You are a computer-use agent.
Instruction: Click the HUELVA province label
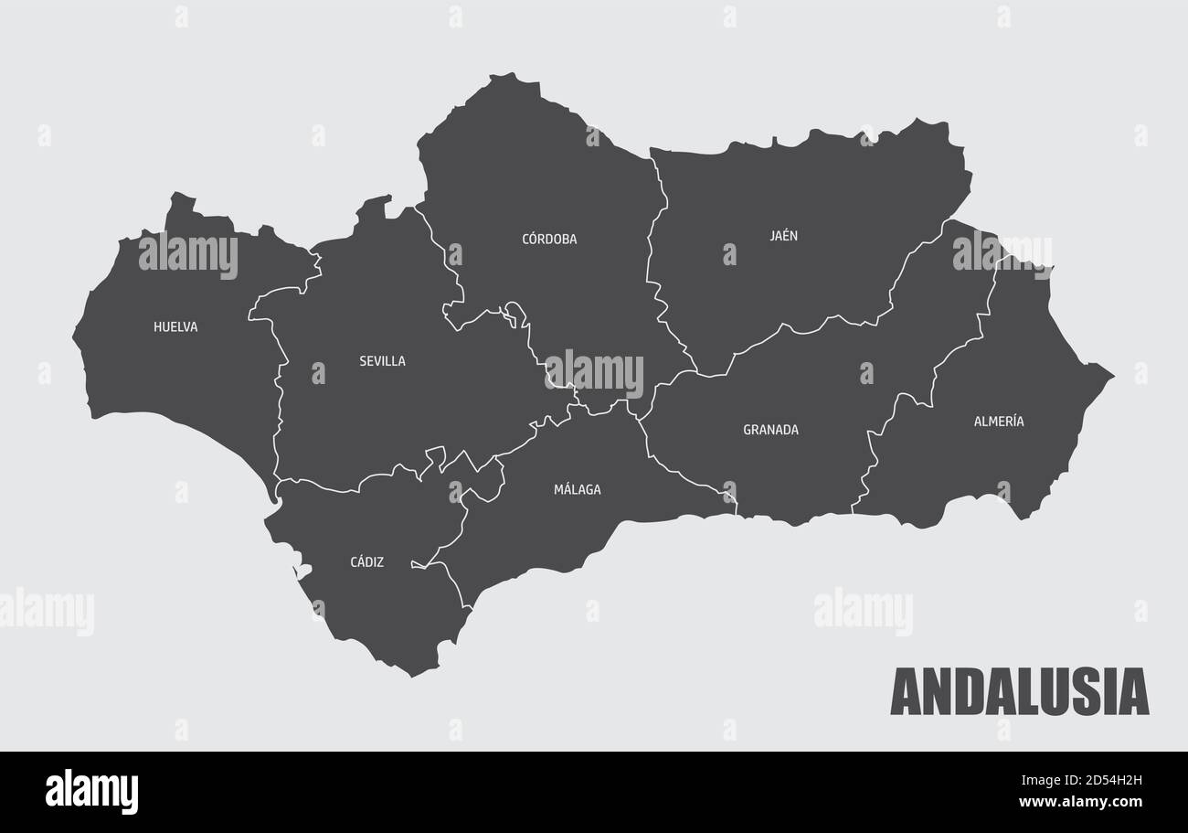(x=175, y=326)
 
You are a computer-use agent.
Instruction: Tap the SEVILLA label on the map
(x=382, y=361)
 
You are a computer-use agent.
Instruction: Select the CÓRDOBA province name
(x=549, y=240)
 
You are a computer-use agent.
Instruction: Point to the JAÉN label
(x=783, y=236)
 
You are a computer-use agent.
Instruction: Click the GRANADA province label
(x=770, y=430)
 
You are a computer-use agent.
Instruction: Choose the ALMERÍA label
(x=998, y=422)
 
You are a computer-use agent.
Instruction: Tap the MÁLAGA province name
(x=577, y=490)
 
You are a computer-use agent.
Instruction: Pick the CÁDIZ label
(x=366, y=562)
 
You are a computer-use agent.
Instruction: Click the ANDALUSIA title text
(x=1019, y=692)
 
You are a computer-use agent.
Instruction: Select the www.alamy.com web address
(x=1080, y=802)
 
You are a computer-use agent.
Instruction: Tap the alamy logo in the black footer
(x=91, y=791)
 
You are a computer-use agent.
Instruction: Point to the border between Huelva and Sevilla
(x=277, y=402)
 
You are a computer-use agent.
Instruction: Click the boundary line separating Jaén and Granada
(x=804, y=329)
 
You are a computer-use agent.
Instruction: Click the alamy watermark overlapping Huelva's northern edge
(x=187, y=254)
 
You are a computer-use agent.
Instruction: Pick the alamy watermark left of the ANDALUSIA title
(x=863, y=611)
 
